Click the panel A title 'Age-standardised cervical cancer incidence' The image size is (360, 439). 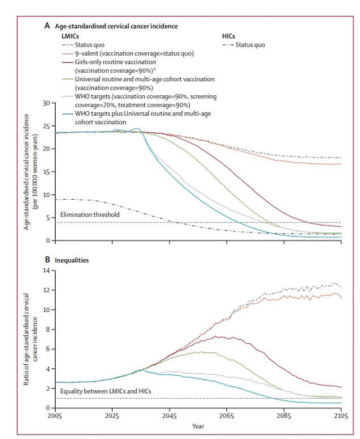coord(116,26)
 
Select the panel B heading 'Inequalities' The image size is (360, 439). coord(72,260)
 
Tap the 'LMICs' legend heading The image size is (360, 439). coord(70,36)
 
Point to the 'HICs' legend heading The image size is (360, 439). coord(228,36)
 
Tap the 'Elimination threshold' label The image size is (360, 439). coord(90,214)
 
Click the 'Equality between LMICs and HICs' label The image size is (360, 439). coord(106,391)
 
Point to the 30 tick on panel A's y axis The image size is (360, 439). coord(46,103)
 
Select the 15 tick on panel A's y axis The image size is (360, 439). coord(46,172)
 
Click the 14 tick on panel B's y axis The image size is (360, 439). coord(46,271)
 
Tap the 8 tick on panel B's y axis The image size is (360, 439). coord(48,329)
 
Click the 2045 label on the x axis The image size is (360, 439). coord(169,416)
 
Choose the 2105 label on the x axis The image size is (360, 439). coord(341,416)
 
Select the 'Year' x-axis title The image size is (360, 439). coord(198,426)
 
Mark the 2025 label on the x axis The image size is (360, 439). coord(112,416)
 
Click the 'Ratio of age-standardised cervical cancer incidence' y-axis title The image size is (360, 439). coord(30,339)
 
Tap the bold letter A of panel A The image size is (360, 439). coord(47,26)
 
